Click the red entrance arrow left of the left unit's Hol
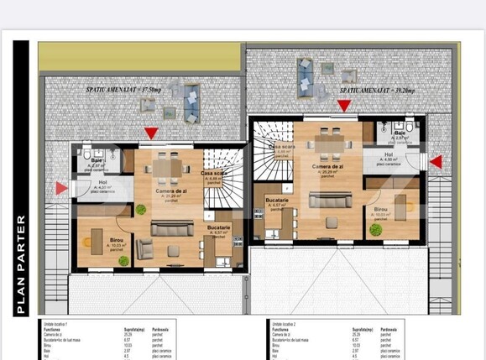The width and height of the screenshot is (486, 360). pos(61,189)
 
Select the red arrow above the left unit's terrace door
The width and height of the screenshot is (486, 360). pos(150,133)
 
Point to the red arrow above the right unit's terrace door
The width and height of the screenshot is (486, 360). pos(343,105)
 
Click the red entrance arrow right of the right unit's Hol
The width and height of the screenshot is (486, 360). pos(435,161)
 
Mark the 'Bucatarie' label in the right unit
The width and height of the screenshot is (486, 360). pos(277,201)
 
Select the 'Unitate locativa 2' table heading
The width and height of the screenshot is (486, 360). pos(286,322)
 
